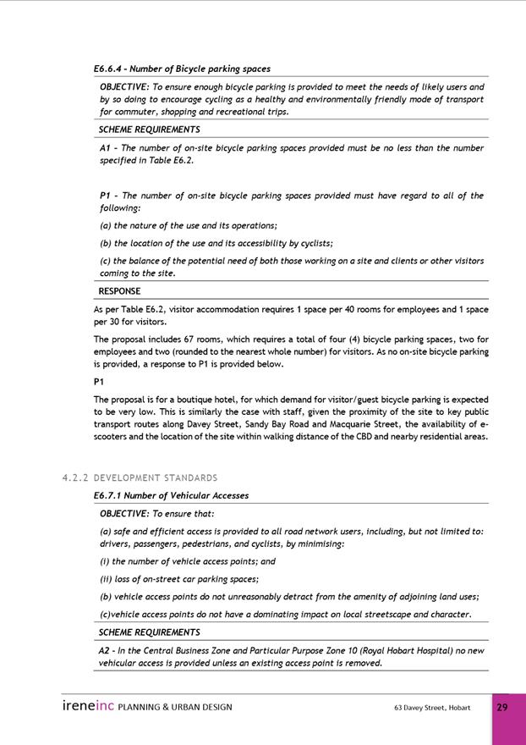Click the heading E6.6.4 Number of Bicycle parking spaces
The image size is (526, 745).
[x=182, y=69]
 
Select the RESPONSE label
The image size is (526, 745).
[x=119, y=291]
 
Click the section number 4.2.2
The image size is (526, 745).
[x=75, y=478]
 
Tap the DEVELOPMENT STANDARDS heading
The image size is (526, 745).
[x=156, y=478]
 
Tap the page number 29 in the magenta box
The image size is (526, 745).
[x=502, y=707]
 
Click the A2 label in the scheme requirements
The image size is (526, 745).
[x=105, y=650]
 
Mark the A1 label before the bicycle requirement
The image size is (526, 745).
[x=105, y=148]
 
